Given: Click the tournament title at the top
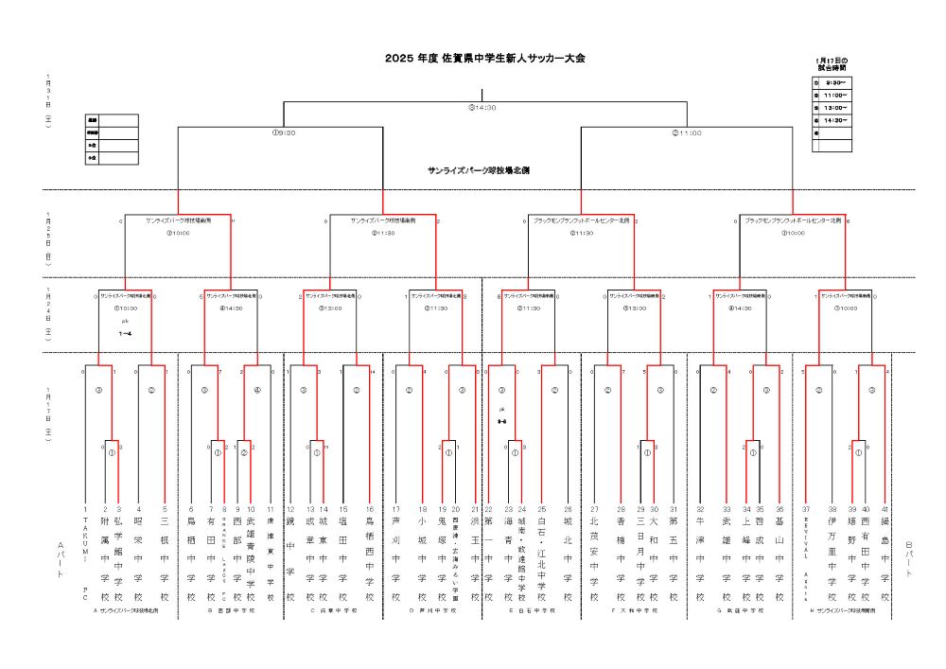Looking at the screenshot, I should click(x=484, y=59).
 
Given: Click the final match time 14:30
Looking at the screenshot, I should click(x=483, y=107).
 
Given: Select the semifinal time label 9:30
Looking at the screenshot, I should click(x=284, y=133).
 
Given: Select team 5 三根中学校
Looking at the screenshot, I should click(x=165, y=558).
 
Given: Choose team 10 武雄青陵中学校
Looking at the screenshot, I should click(x=251, y=558).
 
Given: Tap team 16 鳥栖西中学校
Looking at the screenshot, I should click(x=370, y=558).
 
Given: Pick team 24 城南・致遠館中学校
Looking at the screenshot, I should click(x=521, y=558).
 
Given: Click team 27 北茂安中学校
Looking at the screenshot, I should click(x=594, y=558).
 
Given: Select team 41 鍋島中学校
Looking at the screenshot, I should click(x=886, y=558).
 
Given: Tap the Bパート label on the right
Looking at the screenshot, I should click(x=909, y=558).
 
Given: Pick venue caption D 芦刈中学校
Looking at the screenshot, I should click(x=429, y=611).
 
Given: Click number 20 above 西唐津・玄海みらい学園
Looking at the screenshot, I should click(x=456, y=509).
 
